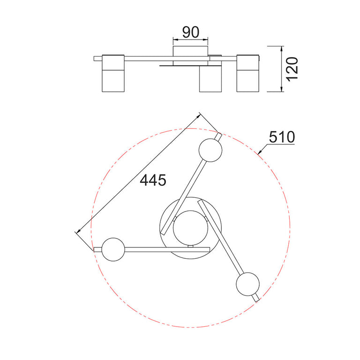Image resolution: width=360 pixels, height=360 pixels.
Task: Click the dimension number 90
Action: tap(191, 32)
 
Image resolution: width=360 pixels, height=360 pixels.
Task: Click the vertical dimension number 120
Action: tap(292, 69)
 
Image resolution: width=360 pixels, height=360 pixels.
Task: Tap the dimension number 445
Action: tap(153, 180)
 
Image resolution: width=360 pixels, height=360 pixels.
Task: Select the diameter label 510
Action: tap(282, 137)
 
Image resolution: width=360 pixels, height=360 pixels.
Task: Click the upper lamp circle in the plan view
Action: tap(210, 150)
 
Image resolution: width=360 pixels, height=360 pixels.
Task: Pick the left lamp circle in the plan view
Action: tap(113, 249)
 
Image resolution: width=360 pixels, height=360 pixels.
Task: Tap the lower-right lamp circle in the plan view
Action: tap(247, 284)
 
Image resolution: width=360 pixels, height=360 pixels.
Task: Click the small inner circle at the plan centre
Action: tap(191, 228)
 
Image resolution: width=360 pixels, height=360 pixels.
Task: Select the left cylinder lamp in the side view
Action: tap(113, 74)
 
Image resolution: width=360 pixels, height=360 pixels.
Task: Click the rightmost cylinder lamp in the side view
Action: tap(248, 74)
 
